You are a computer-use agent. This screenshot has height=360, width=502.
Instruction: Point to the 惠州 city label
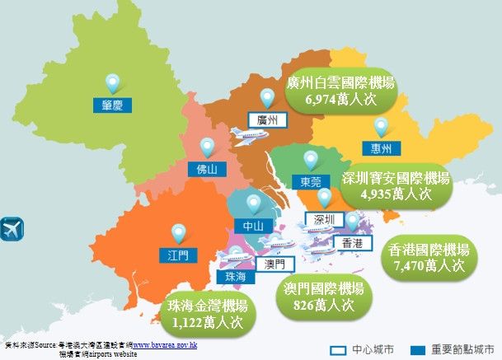point(381,148)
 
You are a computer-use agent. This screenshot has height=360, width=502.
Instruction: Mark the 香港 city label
point(351,242)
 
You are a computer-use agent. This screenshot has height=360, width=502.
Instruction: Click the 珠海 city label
point(235,277)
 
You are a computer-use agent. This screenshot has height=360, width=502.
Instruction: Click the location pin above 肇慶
point(112,82)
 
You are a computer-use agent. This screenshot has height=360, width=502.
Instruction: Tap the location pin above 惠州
point(380,128)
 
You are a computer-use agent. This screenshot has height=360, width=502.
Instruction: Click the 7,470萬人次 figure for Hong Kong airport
point(429,266)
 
